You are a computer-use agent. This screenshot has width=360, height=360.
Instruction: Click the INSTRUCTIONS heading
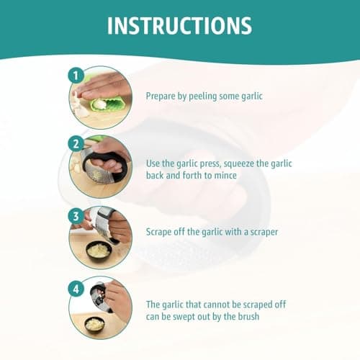coord(179,26)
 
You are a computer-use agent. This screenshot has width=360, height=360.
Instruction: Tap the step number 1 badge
coord(76,76)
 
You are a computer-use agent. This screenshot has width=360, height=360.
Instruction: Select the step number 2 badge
coord(76,144)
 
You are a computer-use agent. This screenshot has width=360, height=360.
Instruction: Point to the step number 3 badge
coord(76,216)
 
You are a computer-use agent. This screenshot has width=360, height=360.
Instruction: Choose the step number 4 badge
coord(76,289)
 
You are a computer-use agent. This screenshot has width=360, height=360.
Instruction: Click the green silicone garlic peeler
coord(107,103)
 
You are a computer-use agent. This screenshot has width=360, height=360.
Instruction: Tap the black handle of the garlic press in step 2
coord(106,163)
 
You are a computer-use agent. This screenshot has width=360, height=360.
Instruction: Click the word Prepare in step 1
coord(161,96)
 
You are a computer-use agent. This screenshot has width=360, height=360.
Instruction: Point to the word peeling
coord(203,96)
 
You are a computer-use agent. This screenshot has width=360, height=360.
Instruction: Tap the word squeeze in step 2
coord(239,164)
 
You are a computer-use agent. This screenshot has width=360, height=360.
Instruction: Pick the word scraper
coord(264,233)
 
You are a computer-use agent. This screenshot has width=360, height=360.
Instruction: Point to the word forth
coord(192,175)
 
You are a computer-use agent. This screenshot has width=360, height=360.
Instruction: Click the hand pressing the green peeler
coord(103,85)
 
